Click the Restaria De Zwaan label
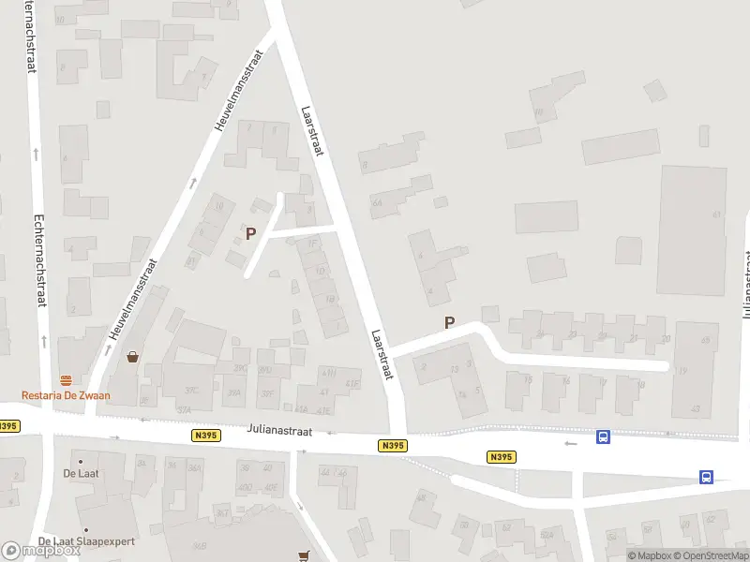(x=67, y=395)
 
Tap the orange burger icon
(x=67, y=380)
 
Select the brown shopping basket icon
(x=133, y=357)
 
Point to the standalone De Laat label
(x=82, y=473)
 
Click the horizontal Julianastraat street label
(x=278, y=431)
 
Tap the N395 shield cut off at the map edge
(x=7, y=426)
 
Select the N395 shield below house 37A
(x=206, y=436)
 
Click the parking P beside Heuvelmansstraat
(x=250, y=233)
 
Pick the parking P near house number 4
(x=449, y=322)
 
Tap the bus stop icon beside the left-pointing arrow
(x=604, y=436)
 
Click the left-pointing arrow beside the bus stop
(x=571, y=442)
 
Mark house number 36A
(x=195, y=468)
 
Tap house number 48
(x=421, y=497)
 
